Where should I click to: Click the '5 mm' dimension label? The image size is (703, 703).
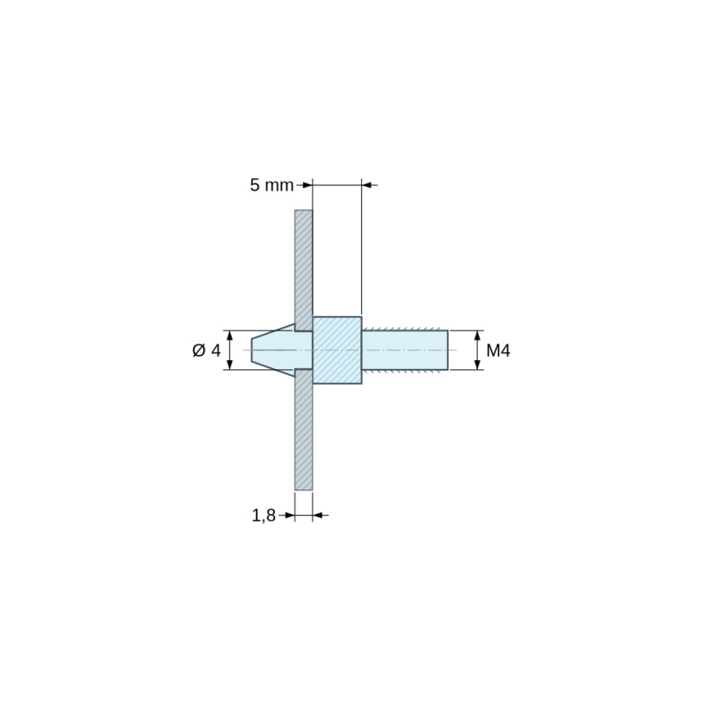pyautogui.click(x=272, y=185)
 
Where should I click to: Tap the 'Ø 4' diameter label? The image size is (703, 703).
pyautogui.click(x=207, y=350)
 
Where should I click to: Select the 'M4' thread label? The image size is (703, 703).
pyautogui.click(x=498, y=350)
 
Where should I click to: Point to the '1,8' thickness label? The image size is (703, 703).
pyautogui.click(x=264, y=516)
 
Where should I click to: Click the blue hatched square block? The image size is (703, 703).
pyautogui.click(x=337, y=350)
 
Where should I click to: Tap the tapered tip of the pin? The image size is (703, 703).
pyautogui.click(x=272, y=350)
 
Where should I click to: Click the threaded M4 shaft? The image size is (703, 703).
pyautogui.click(x=405, y=350)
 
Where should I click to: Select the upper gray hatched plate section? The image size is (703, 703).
pyautogui.click(x=303, y=271)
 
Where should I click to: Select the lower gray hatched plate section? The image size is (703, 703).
pyautogui.click(x=303, y=430)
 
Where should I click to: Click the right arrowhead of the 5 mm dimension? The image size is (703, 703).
pyautogui.click(x=367, y=185)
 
